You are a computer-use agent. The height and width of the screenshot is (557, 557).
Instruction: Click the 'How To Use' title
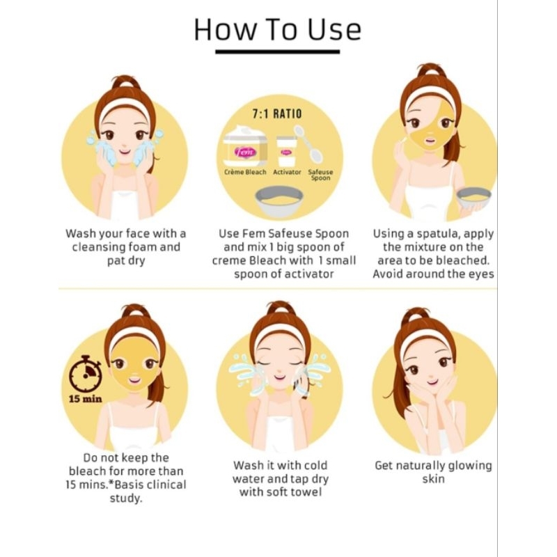click(x=277, y=29)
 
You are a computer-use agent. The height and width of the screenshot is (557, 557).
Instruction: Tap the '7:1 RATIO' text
click(x=277, y=114)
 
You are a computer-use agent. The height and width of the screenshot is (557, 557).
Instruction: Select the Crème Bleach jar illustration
click(x=245, y=146)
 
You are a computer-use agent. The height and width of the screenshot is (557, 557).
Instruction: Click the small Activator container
click(x=286, y=151)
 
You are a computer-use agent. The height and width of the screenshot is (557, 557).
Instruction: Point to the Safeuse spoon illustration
click(x=308, y=143)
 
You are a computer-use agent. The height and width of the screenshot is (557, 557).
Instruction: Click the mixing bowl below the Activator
click(x=280, y=201)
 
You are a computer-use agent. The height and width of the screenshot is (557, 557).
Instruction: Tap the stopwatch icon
click(x=85, y=374)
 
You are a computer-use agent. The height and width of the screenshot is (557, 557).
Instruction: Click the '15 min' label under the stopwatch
click(x=85, y=399)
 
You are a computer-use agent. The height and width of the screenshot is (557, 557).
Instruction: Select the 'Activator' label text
click(x=287, y=172)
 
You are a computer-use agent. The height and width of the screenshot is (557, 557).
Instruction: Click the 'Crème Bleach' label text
click(x=245, y=172)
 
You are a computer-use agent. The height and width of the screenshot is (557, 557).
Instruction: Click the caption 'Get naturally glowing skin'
click(x=433, y=472)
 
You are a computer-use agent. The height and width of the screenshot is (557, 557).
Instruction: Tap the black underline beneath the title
click(x=277, y=52)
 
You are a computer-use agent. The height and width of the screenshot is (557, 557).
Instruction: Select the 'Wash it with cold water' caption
click(x=281, y=472)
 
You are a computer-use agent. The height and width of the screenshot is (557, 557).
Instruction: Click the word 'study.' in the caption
click(x=126, y=498)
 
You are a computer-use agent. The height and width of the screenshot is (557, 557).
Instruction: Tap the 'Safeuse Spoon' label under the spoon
click(x=320, y=175)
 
